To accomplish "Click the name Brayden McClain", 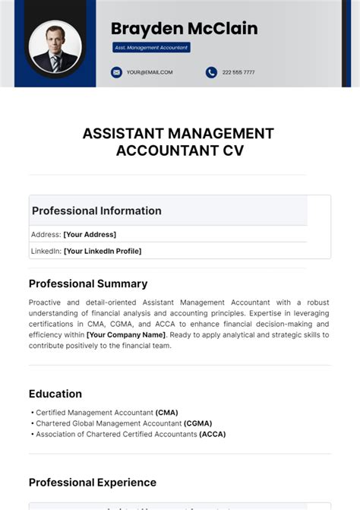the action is click(184, 29).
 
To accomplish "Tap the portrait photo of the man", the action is click(55, 47).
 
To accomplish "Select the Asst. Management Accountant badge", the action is click(151, 47).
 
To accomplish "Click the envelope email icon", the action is click(116, 72).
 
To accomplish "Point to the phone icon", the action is click(211, 72).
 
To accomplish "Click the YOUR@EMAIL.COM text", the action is click(150, 72).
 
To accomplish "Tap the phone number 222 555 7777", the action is click(238, 72).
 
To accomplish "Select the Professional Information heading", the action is click(96, 211).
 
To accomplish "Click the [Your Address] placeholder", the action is click(90, 234).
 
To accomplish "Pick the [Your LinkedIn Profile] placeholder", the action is click(103, 251).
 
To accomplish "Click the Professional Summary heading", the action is click(88, 284).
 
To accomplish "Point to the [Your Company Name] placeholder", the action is click(125, 334).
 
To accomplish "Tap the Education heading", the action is click(55, 394).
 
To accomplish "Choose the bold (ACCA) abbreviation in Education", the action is click(212, 434).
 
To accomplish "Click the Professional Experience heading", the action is click(93, 482).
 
